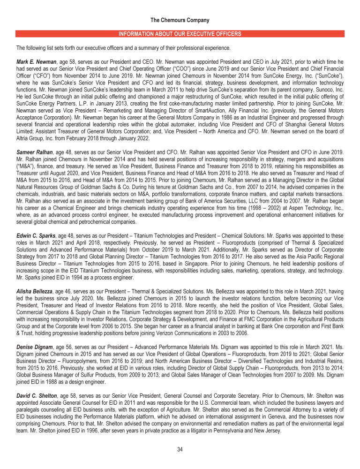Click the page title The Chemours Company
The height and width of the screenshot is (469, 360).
180,20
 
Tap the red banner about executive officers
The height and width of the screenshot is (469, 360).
180,34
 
